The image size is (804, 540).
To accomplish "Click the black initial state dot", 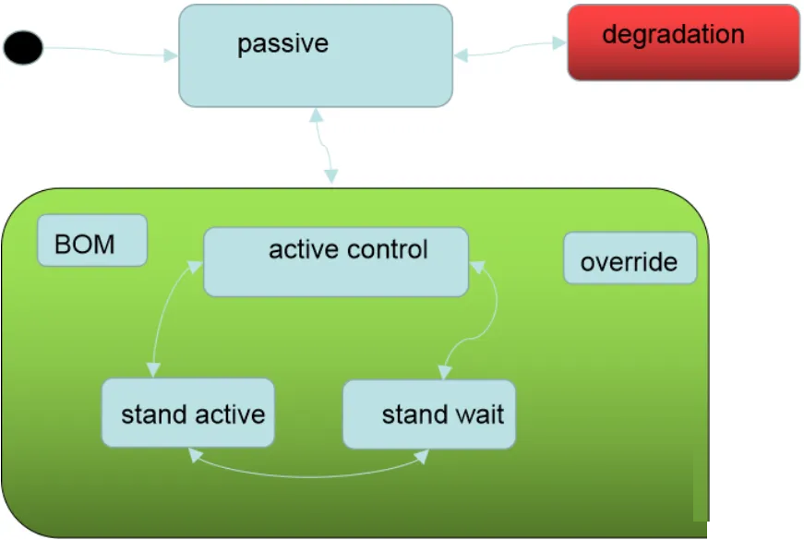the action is tap(23, 47).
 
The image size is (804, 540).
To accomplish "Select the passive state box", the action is tap(316, 55).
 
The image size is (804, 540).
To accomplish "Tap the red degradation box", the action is tap(683, 42).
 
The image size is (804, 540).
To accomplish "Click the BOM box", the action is tap(92, 240).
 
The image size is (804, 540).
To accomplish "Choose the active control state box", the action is tap(336, 262).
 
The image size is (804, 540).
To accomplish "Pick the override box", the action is tap(630, 258).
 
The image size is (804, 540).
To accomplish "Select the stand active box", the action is tap(188, 413).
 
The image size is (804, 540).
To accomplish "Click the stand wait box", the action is tap(429, 414).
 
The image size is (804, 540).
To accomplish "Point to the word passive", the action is tap(282, 44).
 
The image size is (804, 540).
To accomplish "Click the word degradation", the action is tap(673, 35).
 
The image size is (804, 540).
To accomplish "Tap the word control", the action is tap(388, 250).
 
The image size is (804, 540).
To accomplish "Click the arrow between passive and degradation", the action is tap(510, 49).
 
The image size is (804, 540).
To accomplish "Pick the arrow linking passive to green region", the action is tap(324, 146).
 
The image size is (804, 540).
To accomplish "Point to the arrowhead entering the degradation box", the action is tap(559, 43).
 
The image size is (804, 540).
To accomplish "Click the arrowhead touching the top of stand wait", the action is tap(444, 372).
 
